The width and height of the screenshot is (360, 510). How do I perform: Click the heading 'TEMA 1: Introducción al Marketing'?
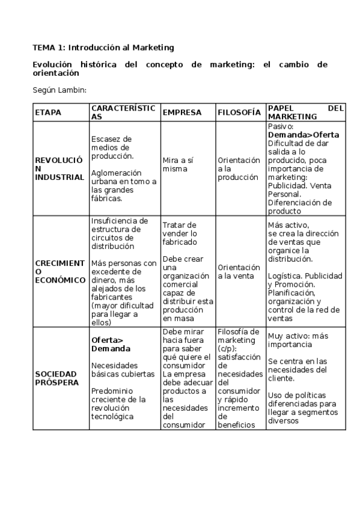click(x=103, y=47)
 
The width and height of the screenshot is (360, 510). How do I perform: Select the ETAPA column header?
click(x=48, y=112)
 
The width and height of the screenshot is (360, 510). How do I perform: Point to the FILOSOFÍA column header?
click(x=239, y=112)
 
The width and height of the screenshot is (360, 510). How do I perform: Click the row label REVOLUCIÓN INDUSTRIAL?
click(x=59, y=169)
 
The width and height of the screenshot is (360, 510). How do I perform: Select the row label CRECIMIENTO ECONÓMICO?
click(x=59, y=271)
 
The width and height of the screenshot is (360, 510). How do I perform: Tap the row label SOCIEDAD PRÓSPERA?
click(x=56, y=378)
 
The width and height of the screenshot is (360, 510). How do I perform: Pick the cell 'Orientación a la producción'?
click(x=239, y=169)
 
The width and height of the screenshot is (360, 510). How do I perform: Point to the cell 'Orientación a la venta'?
click(x=239, y=271)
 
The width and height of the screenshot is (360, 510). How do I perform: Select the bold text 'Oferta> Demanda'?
click(x=111, y=344)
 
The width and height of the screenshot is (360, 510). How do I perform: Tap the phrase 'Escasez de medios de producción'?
click(x=112, y=147)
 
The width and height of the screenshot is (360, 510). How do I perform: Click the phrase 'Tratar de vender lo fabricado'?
click(x=180, y=233)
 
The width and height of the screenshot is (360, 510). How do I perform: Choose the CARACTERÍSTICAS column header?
click(x=123, y=112)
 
